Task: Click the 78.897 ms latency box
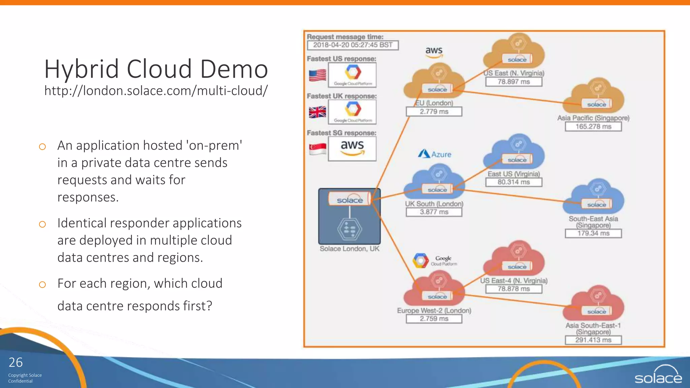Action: [x=513, y=82]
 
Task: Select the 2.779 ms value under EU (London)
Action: [x=434, y=112]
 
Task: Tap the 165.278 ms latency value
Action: [x=593, y=127]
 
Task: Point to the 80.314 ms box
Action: [x=513, y=182]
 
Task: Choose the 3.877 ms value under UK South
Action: [x=434, y=212]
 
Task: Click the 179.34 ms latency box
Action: [x=593, y=233]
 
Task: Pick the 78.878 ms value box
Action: [x=513, y=289]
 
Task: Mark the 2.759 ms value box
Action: [x=434, y=319]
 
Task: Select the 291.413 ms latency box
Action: [x=593, y=340]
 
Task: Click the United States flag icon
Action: [x=317, y=75]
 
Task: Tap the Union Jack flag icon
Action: [x=317, y=112]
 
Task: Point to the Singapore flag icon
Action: [x=317, y=149]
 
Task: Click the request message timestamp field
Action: [x=353, y=45]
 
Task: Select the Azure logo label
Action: [x=435, y=154]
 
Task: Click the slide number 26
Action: [x=15, y=362]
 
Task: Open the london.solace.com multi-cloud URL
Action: [x=156, y=91]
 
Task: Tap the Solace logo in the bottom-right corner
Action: [x=658, y=375]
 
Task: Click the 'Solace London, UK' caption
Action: [x=349, y=249]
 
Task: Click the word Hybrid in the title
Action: [x=82, y=69]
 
